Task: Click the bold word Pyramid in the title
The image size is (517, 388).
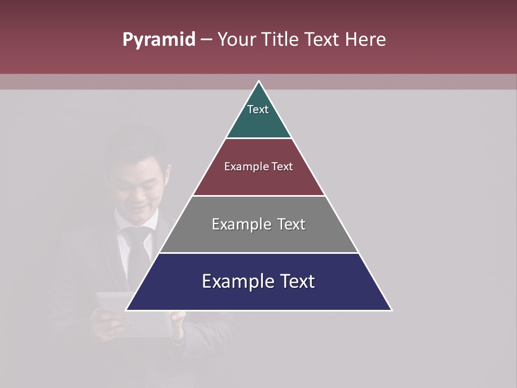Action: pyautogui.click(x=158, y=40)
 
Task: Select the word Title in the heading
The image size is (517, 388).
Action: pyautogui.click(x=281, y=40)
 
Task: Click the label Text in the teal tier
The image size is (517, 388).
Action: pyautogui.click(x=258, y=109)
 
